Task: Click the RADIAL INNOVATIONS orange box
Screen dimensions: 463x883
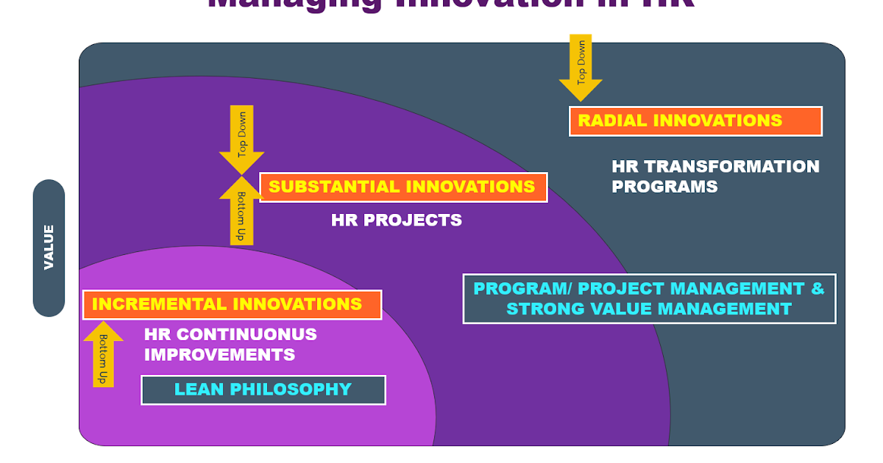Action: (x=695, y=121)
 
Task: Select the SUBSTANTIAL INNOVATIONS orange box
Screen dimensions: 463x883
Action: (x=403, y=187)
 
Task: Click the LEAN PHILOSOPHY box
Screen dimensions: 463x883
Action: (x=263, y=390)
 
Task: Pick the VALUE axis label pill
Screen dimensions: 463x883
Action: (x=49, y=248)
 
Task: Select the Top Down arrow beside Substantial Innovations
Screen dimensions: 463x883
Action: (x=241, y=142)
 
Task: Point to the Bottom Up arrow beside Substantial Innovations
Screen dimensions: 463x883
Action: (x=241, y=211)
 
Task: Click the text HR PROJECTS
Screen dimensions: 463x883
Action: (x=397, y=220)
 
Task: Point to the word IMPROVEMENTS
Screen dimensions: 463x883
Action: (x=219, y=355)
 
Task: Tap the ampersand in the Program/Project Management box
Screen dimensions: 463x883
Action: (x=818, y=288)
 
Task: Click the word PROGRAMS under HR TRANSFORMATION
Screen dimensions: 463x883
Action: (x=664, y=187)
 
